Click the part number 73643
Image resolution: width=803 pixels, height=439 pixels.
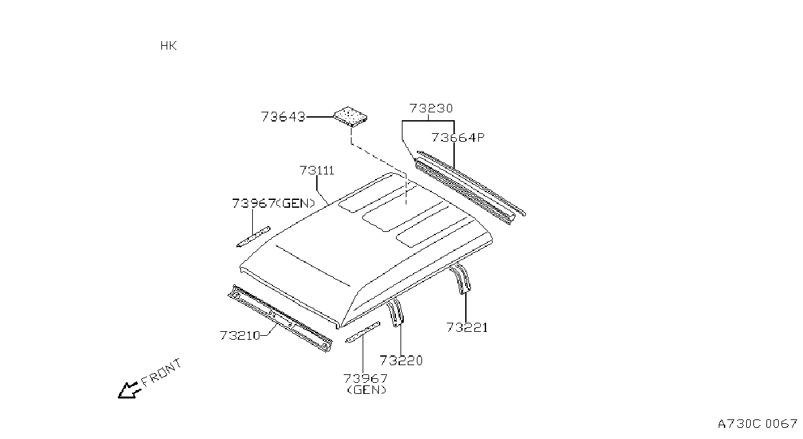coord(283,117)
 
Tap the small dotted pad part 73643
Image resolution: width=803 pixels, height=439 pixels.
coord(350,116)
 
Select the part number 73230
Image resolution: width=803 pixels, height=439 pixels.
coord(431,108)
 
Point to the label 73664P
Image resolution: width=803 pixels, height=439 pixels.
coord(458,138)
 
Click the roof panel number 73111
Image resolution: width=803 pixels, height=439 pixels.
coord(317,171)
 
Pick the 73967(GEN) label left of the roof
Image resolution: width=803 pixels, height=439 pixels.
coord(274,204)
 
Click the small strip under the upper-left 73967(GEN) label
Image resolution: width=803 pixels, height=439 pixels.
coord(254,236)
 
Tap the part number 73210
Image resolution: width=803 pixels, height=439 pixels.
coord(240,335)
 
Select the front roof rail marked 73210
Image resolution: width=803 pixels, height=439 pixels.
coord(280,318)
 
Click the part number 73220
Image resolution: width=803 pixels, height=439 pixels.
coord(401,361)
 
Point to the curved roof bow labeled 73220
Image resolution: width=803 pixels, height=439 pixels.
coord(395,312)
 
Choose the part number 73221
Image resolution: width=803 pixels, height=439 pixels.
coord(467,327)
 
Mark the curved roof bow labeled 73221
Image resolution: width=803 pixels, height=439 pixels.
coord(460,279)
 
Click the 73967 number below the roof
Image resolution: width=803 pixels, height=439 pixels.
coord(366,378)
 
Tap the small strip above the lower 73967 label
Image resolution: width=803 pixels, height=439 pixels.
coord(363,333)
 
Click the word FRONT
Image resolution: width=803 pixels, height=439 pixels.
coord(161,373)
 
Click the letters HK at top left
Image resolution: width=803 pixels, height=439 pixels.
coord(169,46)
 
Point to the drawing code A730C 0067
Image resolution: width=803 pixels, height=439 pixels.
coord(757,424)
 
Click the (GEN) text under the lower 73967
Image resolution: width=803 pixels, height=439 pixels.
coord(367,390)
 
